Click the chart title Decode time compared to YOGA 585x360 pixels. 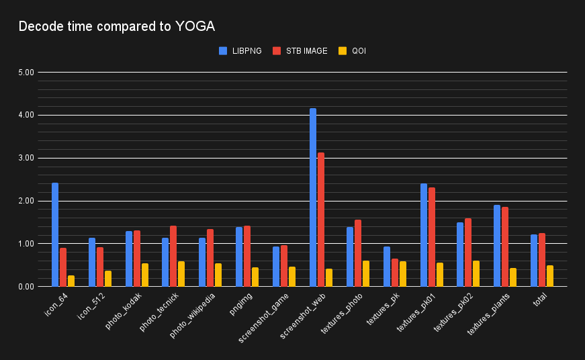point(116,27)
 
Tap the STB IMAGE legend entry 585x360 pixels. point(300,50)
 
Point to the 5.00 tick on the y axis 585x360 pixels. point(26,73)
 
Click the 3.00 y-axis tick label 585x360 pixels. point(26,159)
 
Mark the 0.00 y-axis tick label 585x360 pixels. point(26,287)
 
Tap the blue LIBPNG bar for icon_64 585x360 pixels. point(55,235)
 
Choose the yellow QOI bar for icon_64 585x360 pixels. point(71,281)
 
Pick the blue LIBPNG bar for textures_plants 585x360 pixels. point(497,246)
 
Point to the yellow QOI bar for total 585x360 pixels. point(549,276)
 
